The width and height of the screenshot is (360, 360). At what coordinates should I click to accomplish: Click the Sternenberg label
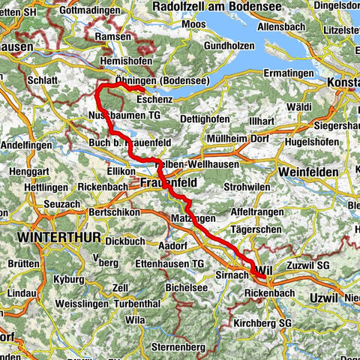coord(157,328)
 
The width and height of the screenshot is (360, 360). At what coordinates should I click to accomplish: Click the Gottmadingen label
coord(79,12)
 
